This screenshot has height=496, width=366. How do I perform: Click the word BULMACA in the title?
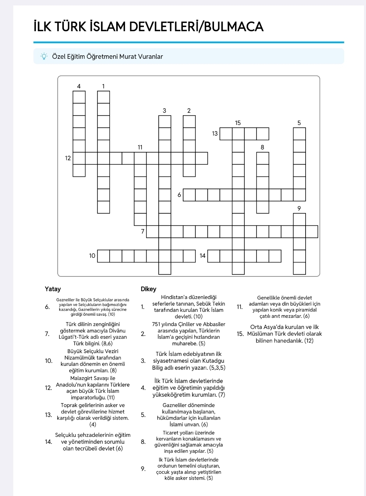click(234, 26)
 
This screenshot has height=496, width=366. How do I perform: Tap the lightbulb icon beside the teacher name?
click(44, 56)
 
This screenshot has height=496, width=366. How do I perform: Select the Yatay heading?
click(53, 289)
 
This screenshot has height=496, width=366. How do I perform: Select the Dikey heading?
click(149, 289)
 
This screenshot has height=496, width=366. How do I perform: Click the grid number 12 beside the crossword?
click(68, 158)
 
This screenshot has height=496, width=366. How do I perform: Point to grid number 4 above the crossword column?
click(79, 86)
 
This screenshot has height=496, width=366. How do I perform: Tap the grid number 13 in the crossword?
click(215, 134)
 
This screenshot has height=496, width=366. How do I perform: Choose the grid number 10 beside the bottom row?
click(92, 256)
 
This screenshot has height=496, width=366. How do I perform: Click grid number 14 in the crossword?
click(203, 256)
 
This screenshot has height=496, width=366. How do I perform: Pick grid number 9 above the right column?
click(299, 208)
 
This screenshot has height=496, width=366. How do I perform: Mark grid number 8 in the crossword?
click(262, 147)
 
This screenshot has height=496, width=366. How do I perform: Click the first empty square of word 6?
click(189, 195)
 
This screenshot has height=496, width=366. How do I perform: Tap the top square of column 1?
click(103, 97)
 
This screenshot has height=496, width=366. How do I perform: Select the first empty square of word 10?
click(103, 256)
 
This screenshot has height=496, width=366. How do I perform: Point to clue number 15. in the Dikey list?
click(240, 334)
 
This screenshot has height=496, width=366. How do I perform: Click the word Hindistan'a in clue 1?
click(175, 297)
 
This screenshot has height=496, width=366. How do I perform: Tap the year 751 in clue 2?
click(159, 324)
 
